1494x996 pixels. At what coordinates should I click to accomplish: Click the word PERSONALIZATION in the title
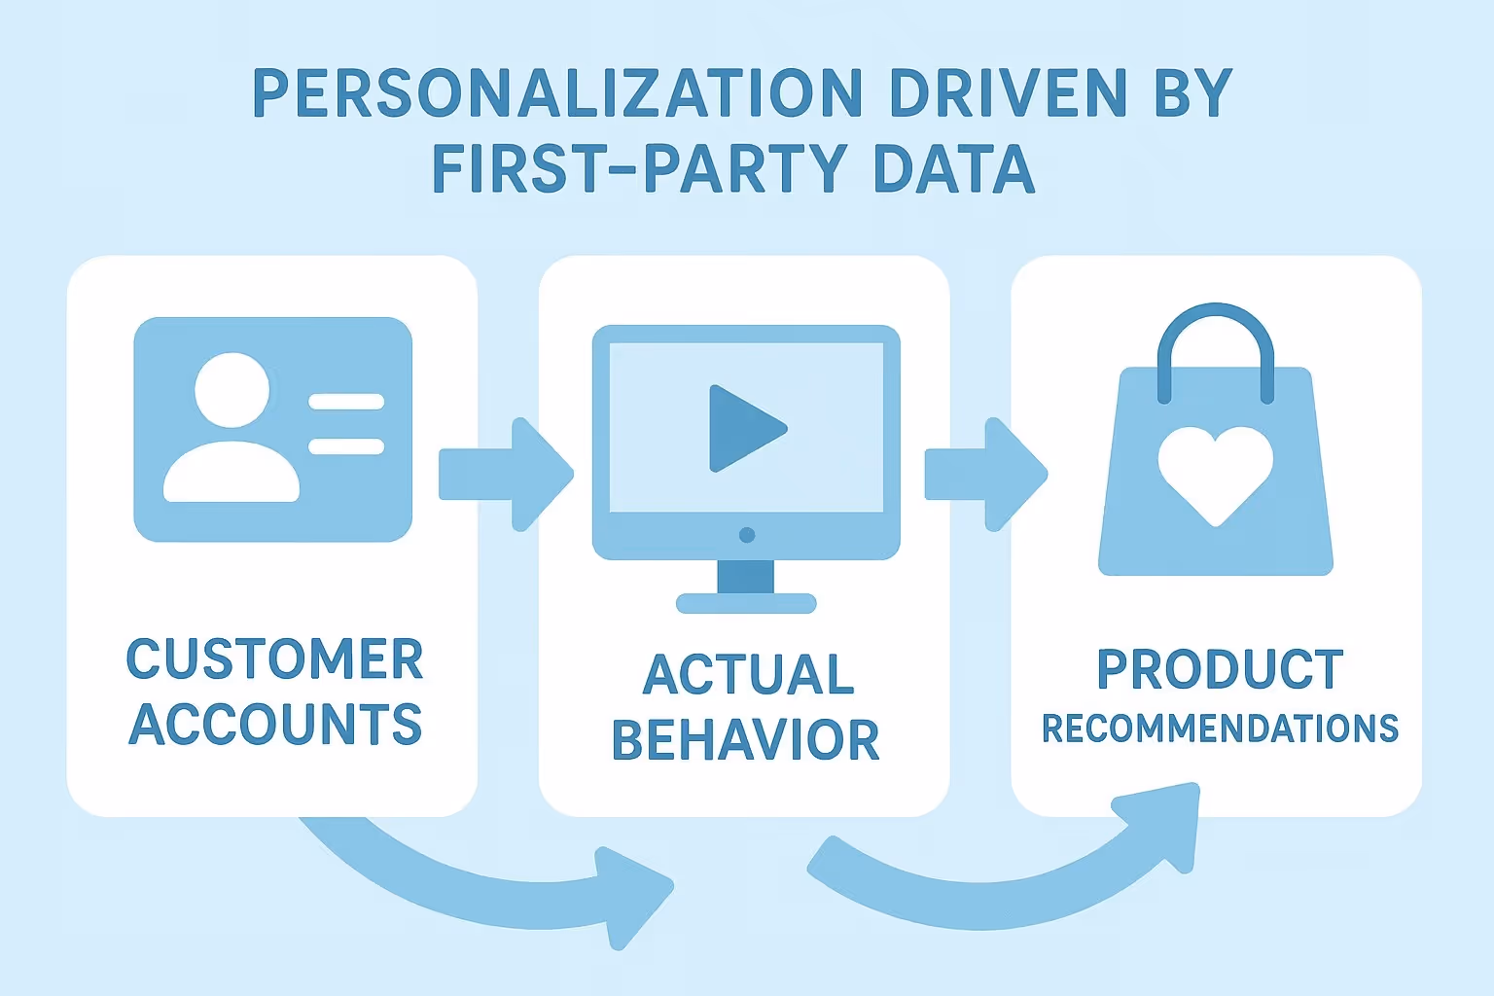coord(556,94)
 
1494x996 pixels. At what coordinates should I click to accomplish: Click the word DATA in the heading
coord(953,169)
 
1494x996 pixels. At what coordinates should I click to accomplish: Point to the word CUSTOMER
coord(275,660)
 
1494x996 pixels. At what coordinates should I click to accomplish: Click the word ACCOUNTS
coord(275,725)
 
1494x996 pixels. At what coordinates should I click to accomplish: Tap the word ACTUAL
coord(748,675)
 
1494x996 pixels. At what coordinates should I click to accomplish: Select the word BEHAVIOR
coord(746,740)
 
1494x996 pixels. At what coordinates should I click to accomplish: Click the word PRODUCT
coord(1220,669)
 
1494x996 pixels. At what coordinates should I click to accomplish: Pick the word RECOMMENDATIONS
coord(1220,729)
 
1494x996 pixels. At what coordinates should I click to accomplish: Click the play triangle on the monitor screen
coord(741,428)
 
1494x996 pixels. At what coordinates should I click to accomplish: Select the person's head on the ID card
coord(232,389)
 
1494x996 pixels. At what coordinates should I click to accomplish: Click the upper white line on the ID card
coord(346,402)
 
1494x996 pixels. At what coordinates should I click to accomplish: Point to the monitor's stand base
coord(746,604)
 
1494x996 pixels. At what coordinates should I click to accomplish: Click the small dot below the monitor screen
coord(747,535)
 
